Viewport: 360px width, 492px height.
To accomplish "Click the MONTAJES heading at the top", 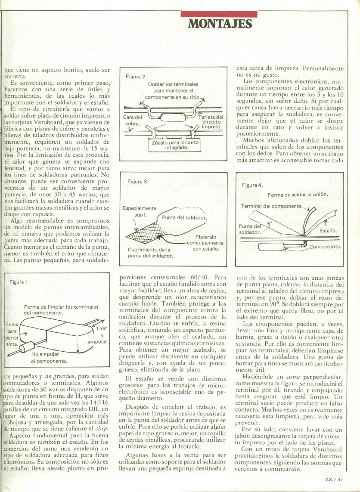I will [x=220, y=24].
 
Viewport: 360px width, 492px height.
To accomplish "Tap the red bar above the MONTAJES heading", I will [x=220, y=14].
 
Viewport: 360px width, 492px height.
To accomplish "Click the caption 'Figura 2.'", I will [x=136, y=77].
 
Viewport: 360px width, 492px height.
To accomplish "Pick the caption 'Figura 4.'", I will [x=252, y=185].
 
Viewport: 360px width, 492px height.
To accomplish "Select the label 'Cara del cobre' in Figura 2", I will [x=133, y=121].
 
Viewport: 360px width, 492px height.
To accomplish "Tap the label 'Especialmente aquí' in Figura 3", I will [x=141, y=211].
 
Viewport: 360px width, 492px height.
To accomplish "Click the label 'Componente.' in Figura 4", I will [x=325, y=247].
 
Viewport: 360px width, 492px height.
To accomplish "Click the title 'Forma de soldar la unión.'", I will [x=298, y=195].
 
